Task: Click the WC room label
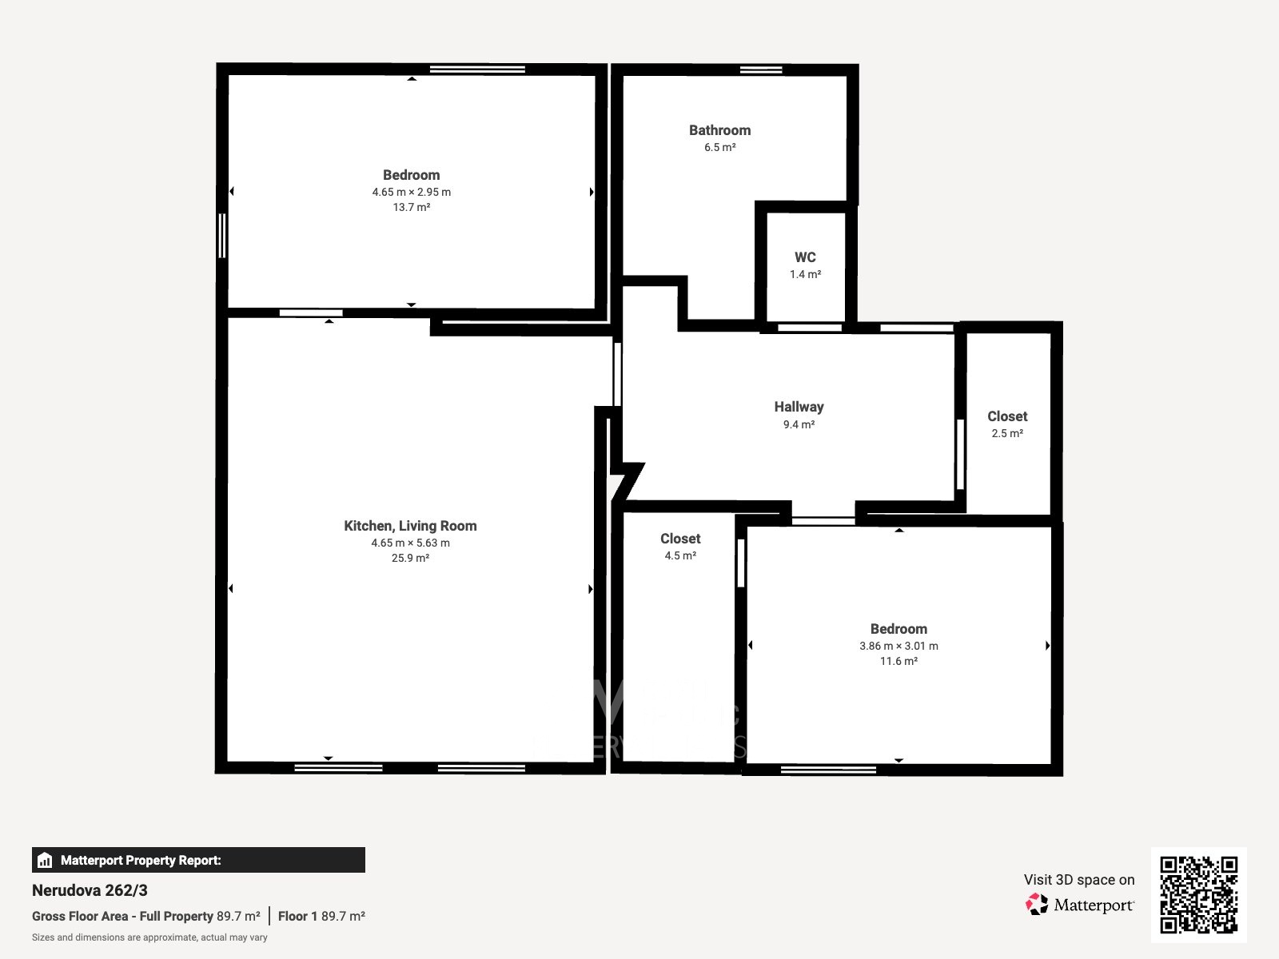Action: click(805, 257)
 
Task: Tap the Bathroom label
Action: click(719, 130)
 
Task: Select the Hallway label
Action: click(799, 407)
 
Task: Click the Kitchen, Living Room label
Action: click(410, 526)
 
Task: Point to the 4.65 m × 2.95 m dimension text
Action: click(412, 192)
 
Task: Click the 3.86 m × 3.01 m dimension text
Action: click(898, 646)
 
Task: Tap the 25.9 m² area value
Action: click(410, 558)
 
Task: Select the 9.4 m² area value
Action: click(799, 424)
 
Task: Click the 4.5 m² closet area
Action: click(680, 555)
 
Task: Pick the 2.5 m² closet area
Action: click(1007, 433)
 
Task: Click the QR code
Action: click(1198, 894)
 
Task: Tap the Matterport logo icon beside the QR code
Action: click(1037, 905)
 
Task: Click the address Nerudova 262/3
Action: click(90, 890)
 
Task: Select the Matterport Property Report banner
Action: click(199, 860)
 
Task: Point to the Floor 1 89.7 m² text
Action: click(321, 916)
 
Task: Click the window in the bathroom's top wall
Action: click(761, 70)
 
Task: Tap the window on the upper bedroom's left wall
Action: click(221, 236)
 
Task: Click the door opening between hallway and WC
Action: click(810, 328)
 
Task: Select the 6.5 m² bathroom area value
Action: click(719, 147)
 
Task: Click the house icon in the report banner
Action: click(45, 860)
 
